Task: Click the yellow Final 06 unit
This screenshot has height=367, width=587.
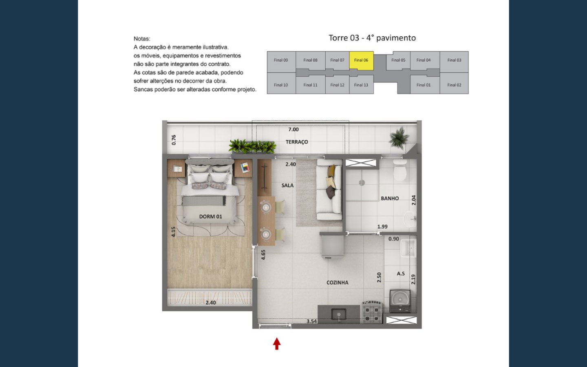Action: coord(361,61)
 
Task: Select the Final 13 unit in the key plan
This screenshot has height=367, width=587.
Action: coord(361,84)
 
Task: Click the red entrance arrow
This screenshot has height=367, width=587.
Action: coord(277,344)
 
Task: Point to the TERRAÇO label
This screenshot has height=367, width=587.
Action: coord(297,142)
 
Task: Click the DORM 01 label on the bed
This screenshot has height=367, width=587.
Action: coord(210,217)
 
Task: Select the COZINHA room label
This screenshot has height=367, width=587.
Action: coord(337,283)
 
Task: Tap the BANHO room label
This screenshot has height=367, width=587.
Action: coord(390,199)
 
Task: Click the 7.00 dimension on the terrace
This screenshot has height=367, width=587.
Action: coord(293,130)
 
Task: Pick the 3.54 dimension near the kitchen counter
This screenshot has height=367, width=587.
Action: coord(311,321)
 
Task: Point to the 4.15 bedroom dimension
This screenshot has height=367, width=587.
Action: coord(173,232)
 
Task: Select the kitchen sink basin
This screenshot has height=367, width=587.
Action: coord(339,315)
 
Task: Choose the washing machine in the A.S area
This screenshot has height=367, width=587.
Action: coord(399,301)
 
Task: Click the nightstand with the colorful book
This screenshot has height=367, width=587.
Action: coord(243,168)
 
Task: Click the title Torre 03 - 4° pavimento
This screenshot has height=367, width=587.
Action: coord(372,38)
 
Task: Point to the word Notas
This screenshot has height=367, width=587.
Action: coord(142,39)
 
